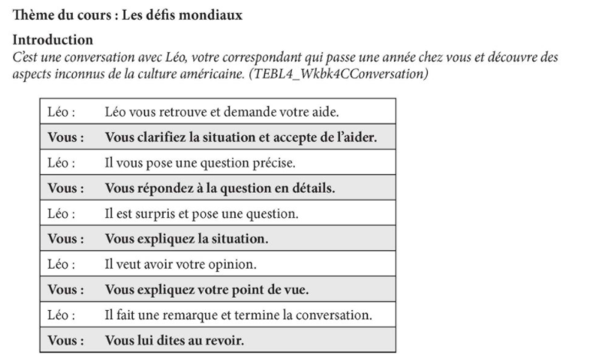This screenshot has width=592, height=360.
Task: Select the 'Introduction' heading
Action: tap(53, 39)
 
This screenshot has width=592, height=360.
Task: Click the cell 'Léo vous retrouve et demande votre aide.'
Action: tap(220, 113)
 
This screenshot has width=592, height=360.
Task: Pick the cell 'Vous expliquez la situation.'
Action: tap(187, 239)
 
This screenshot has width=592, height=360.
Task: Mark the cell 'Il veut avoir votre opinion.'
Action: tap(180, 264)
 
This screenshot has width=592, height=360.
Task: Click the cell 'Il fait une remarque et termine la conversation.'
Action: tap(239, 315)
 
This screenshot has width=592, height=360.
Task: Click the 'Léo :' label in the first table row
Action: tap(61, 113)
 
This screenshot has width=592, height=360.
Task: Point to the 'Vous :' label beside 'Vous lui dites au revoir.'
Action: tap(66, 339)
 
